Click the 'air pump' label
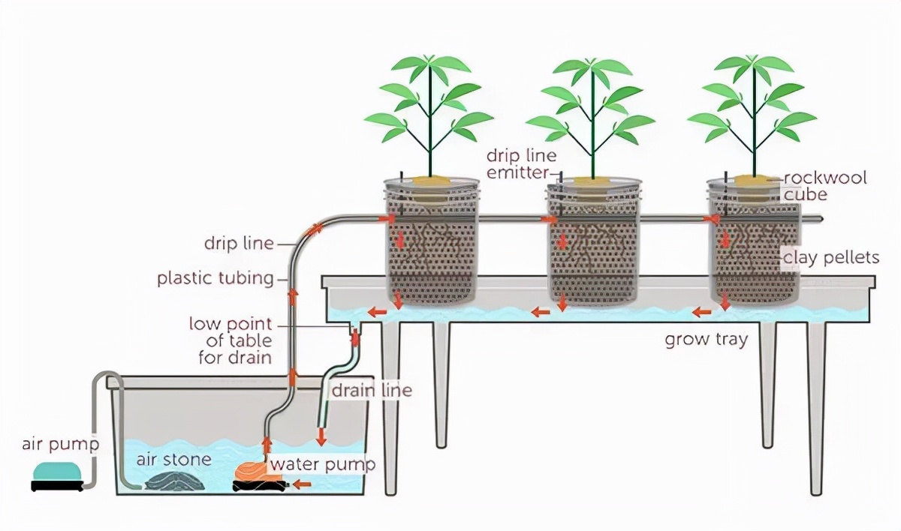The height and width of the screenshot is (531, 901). [59, 445]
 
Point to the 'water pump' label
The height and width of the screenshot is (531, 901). [322, 464]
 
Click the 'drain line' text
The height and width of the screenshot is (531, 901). [371, 390]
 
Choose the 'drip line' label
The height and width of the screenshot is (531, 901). [237, 244]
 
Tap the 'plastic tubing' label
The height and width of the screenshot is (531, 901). [215, 278]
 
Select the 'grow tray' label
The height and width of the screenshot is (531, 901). [706, 339]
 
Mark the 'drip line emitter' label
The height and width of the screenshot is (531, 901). [521, 164]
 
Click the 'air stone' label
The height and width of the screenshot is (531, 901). [173, 459]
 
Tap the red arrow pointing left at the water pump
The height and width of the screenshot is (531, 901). [301, 484]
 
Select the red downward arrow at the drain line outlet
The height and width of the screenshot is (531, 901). [321, 435]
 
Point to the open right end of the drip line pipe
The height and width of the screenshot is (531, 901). [823, 220]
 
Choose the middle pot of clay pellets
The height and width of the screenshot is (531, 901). [592, 255]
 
